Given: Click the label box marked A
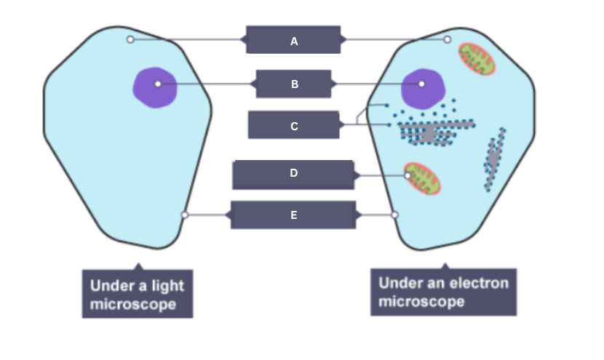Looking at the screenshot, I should [x=293, y=41].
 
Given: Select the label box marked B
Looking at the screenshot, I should [x=294, y=84].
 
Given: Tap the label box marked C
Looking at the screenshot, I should [x=293, y=126].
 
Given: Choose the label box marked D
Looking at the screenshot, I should [x=293, y=175].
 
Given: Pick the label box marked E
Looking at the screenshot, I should [x=293, y=215].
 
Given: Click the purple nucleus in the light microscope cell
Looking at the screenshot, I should [x=154, y=87].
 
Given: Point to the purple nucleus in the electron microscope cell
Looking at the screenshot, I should [x=422, y=87].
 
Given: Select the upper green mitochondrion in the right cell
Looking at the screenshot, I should [x=477, y=59].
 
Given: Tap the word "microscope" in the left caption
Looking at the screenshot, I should [x=132, y=304].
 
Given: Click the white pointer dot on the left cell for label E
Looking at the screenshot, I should [x=185, y=215].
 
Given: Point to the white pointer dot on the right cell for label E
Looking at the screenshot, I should [x=395, y=215].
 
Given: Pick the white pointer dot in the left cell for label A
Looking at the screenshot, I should [x=130, y=39].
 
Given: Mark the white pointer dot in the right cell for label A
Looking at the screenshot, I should [x=448, y=39].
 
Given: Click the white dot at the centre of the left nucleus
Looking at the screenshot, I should [x=158, y=84].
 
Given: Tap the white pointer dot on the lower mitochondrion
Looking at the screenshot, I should [x=408, y=175].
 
